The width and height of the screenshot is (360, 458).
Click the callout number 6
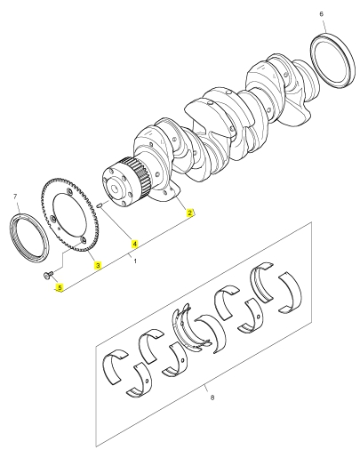322,14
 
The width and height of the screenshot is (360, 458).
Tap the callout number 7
15,197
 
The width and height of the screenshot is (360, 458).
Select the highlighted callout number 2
189,213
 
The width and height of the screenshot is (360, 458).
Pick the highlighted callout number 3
98,265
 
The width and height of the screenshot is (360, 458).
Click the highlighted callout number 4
135,244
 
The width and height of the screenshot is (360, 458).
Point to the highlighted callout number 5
60,287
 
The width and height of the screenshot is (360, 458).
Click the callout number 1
135,261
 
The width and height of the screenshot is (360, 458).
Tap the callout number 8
212,398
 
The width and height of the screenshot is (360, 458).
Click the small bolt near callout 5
48,275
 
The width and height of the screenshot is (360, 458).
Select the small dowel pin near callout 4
100,205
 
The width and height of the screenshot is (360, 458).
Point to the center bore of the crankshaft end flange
114,189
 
